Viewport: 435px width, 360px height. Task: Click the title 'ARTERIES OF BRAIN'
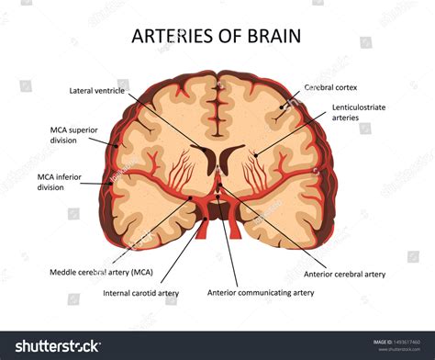click(x=217, y=37)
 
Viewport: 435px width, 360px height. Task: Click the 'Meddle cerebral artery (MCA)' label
click(x=101, y=272)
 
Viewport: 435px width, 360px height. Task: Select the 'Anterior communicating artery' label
click(x=261, y=293)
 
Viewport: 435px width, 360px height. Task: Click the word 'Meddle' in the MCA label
click(x=66, y=272)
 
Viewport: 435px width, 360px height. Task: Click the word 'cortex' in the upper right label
click(x=350, y=87)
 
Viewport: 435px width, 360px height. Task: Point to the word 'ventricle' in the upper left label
click(x=114, y=91)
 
